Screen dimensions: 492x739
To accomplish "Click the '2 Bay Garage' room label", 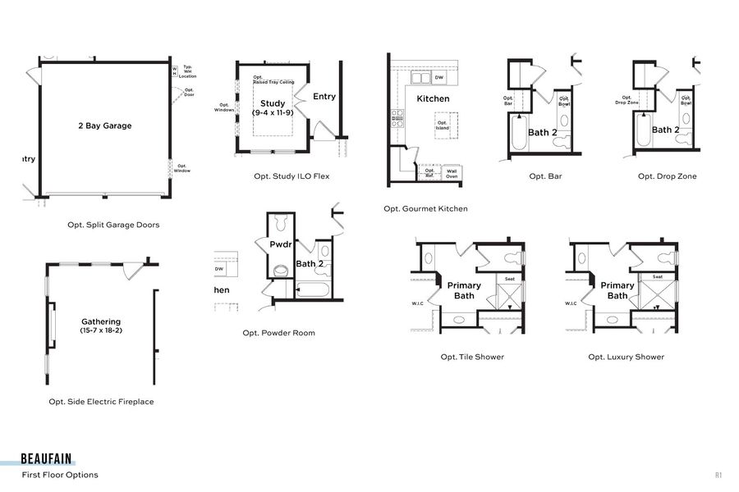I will (104, 125).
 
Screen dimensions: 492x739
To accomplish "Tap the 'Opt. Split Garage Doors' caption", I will (113, 225).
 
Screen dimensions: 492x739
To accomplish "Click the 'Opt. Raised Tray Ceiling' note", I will (273, 80).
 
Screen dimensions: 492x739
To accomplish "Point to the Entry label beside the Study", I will (324, 96).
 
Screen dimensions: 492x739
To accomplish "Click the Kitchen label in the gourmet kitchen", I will (433, 98).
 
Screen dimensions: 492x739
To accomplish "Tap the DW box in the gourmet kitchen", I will (439, 78).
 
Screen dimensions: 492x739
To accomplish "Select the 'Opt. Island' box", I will (443, 126).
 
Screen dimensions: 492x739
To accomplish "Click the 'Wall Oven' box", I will (452, 173).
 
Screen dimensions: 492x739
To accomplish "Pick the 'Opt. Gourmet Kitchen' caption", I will (425, 209).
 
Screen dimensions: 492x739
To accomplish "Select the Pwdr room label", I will (281, 244).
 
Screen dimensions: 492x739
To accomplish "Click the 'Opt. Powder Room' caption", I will (278, 333).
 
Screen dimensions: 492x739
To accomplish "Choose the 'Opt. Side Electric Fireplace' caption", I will (101, 402).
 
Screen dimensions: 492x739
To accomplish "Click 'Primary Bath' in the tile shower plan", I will (464, 290).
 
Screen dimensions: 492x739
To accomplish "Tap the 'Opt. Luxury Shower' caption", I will (626, 357).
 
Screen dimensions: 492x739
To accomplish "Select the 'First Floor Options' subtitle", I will (60, 475).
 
